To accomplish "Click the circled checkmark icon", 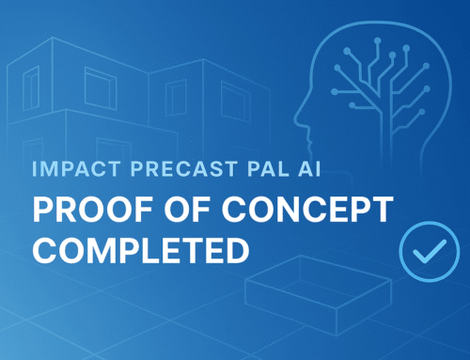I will pos(422,246).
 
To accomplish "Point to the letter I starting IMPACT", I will pos(34,173).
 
